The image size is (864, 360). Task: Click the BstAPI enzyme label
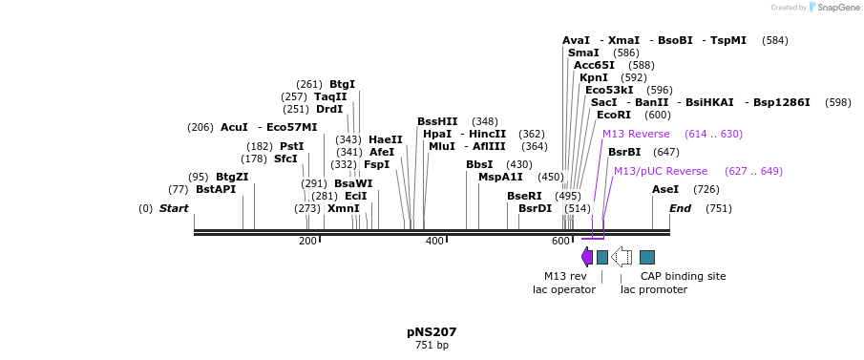[215, 189]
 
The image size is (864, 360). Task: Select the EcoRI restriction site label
[613, 115]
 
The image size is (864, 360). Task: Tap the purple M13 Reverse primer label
[636, 134]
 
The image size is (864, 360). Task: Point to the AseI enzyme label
[664, 189]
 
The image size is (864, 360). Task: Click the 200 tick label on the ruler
[307, 242]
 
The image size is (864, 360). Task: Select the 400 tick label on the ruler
[434, 242]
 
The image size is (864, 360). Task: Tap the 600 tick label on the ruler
[560, 242]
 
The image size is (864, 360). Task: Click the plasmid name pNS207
[432, 332]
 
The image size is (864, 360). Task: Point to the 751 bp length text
[432, 345]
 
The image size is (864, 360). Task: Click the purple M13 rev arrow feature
[587, 257]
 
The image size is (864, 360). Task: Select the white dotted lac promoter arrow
[622, 257]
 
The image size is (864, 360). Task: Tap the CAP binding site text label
[683, 276]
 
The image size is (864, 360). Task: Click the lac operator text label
[563, 289]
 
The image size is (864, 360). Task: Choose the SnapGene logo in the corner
[832, 8]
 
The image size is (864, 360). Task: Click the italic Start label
[174, 208]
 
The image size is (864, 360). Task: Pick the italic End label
[680, 208]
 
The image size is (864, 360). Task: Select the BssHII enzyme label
[437, 121]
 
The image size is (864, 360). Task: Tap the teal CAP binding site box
[647, 257]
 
